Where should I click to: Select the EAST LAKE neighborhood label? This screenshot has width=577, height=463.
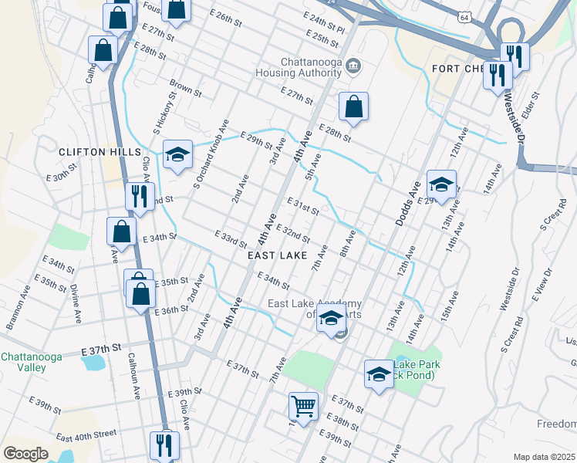(278, 255)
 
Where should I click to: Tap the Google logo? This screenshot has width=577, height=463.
(25, 453)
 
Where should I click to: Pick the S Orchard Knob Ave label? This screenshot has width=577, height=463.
(212, 154)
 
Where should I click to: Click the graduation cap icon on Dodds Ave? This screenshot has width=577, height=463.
(441, 184)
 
